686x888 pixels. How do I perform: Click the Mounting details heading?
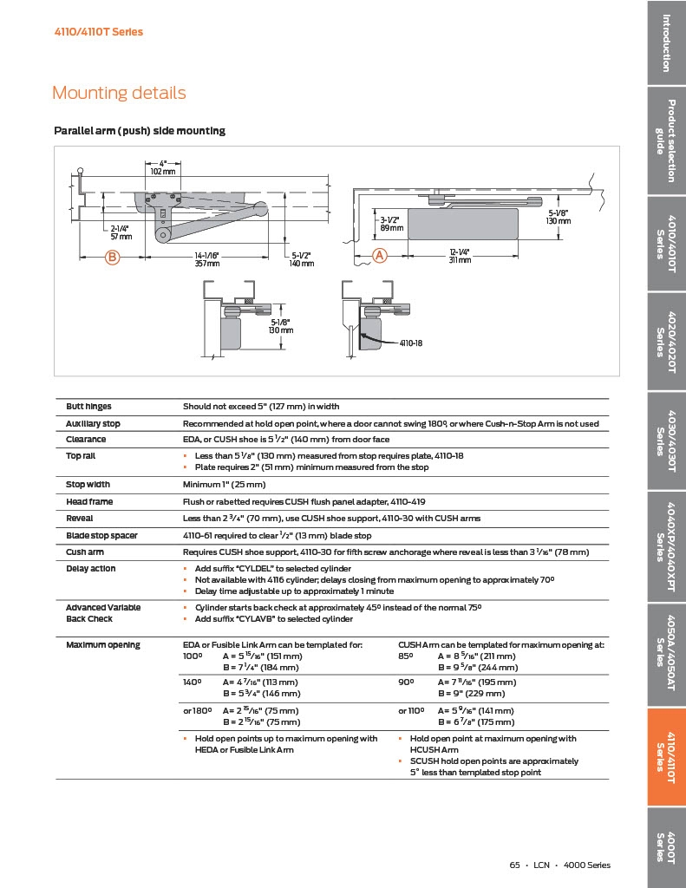(119, 93)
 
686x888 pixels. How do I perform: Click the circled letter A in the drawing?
(379, 255)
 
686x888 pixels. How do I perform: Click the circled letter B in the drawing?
(112, 256)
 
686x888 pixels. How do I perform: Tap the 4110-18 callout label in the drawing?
(410, 344)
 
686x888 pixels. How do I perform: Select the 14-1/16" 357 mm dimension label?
(206, 259)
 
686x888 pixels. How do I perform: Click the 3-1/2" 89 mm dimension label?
(391, 224)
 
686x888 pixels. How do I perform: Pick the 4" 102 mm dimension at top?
(162, 167)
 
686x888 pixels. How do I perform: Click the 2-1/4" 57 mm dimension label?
(121, 232)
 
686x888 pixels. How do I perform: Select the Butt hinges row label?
(88, 407)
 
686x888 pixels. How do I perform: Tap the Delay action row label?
(91, 569)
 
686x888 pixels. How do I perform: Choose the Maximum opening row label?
(102, 645)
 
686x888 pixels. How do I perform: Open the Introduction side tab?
(666, 42)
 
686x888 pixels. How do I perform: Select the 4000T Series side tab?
(666, 846)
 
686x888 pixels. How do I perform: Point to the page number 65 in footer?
(514, 865)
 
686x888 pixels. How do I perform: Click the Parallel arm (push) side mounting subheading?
(140, 131)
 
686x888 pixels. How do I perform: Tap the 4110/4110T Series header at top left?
(99, 32)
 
